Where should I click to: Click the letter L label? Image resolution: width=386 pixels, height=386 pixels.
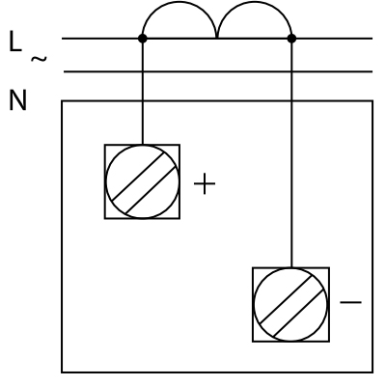click(15, 41)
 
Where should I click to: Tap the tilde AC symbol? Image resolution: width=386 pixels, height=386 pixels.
click(39, 59)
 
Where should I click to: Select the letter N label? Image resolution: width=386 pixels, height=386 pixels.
click(17, 100)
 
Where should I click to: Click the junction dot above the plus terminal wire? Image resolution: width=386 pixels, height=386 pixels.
click(143, 39)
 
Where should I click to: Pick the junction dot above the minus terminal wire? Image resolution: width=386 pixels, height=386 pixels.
click(291, 39)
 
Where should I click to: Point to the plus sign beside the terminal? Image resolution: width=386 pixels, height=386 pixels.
click(205, 183)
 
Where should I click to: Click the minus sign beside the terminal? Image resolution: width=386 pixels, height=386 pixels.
click(350, 302)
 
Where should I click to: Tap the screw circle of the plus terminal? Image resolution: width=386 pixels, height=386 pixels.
click(106, 181)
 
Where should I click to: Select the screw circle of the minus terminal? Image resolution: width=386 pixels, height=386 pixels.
click(254, 304)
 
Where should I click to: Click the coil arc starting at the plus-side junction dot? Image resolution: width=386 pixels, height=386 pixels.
click(179, 2)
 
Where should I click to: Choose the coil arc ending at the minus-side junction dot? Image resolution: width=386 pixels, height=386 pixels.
click(254, 2)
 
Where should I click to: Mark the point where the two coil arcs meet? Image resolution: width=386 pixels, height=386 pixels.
click(217, 38)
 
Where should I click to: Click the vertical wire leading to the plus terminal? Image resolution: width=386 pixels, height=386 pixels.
click(143, 92)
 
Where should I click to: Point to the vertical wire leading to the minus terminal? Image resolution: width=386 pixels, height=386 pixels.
click(291, 153)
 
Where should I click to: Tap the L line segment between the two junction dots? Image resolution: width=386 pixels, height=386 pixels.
click(217, 39)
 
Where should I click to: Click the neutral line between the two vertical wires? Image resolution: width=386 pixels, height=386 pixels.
click(217, 71)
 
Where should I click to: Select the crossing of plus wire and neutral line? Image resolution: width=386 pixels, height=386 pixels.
click(143, 71)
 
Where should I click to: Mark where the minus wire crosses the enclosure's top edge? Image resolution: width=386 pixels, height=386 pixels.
click(291, 101)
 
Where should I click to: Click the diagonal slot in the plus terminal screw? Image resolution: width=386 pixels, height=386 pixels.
click(145, 183)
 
